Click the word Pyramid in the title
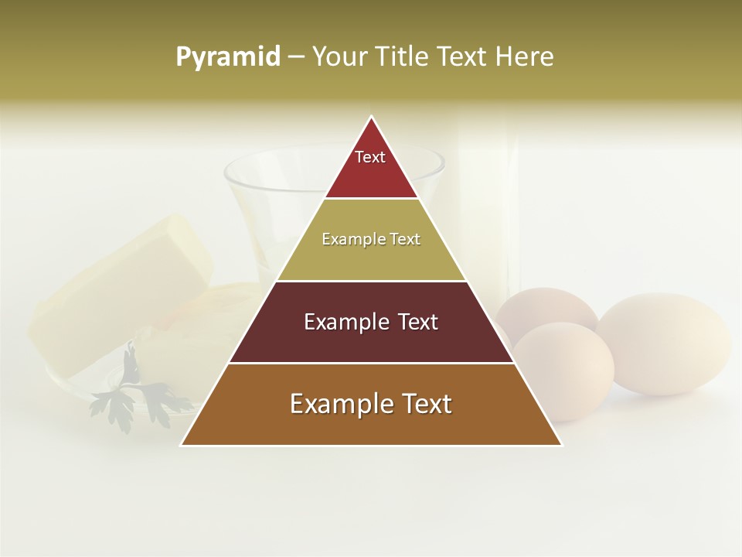tap(227, 57)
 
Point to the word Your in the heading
tap(340, 56)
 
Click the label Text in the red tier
tap(370, 157)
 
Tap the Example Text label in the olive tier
tap(371, 239)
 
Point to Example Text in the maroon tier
tap(371, 322)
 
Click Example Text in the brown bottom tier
tap(371, 404)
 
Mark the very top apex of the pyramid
tap(372, 118)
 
